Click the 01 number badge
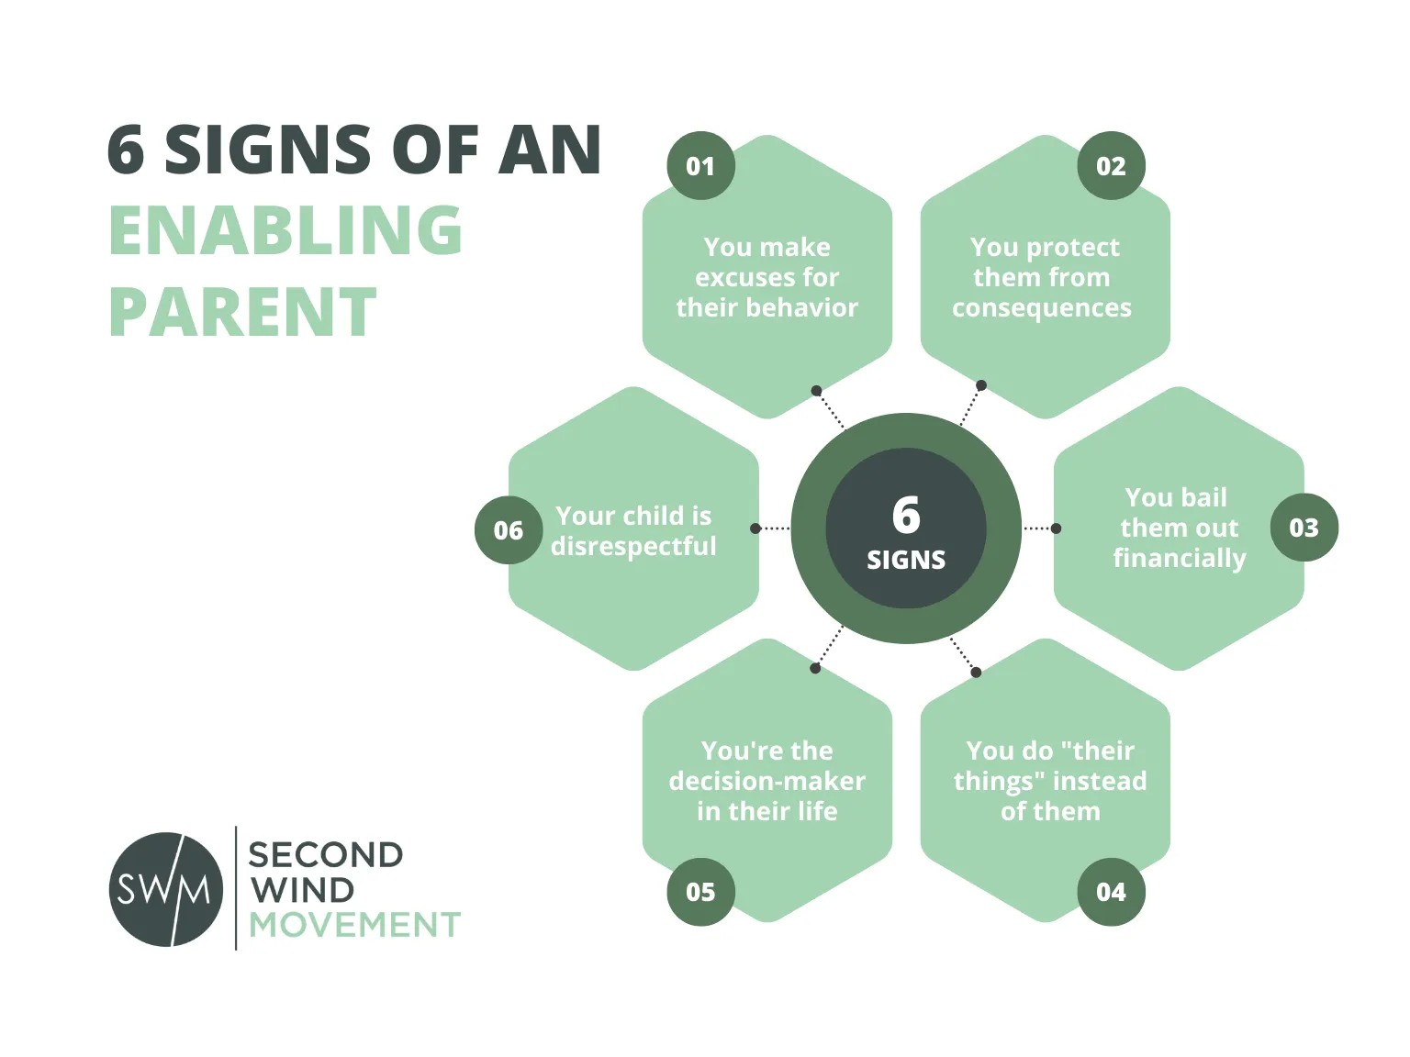coord(700,165)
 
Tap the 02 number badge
coord(1111,165)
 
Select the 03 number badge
coord(1304,528)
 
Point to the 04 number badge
coord(1111,892)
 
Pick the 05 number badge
coord(700,892)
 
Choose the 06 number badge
coord(509,530)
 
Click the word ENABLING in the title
coord(285,230)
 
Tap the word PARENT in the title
coord(243,312)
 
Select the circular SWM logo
coord(166,889)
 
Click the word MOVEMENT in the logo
coord(354,924)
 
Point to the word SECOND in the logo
coord(326,855)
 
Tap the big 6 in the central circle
coord(906,515)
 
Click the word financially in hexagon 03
coord(1180,559)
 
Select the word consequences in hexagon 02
coord(1042,308)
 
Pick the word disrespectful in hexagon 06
coord(633,547)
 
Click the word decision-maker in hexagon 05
coord(767,781)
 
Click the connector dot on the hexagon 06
coord(755,528)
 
